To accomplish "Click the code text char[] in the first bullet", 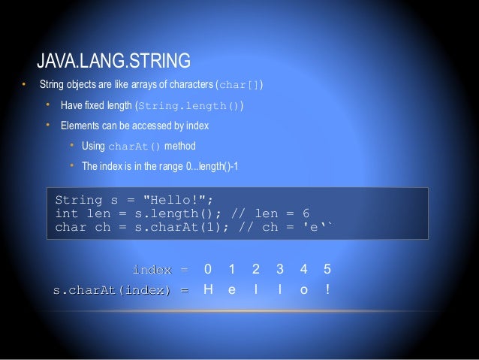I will (x=239, y=83).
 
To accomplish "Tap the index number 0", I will (x=208, y=269).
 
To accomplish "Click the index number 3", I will (x=279, y=269).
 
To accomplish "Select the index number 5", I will (x=326, y=269).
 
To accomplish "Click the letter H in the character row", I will (x=208, y=289).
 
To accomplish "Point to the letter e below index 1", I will (x=231, y=289).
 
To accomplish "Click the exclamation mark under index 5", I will (x=326, y=289).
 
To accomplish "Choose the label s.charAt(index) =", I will (x=119, y=289).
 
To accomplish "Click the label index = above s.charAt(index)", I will (x=161, y=269).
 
